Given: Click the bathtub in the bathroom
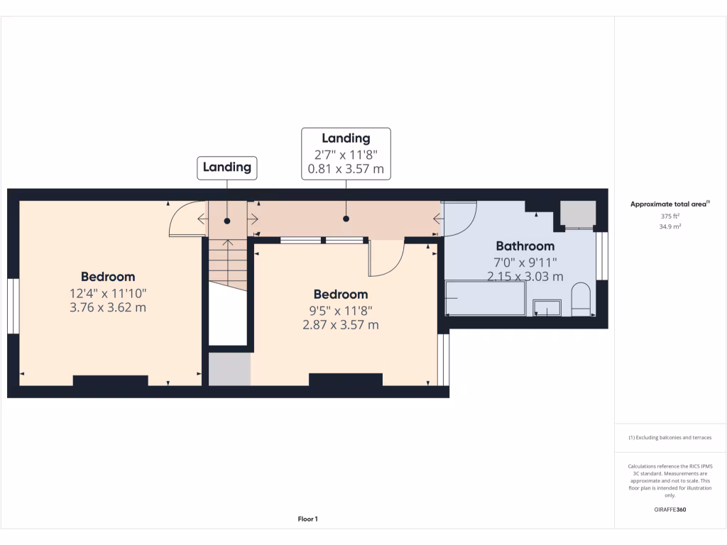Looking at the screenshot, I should (x=485, y=298).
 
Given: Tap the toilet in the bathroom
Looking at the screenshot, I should (x=581, y=299).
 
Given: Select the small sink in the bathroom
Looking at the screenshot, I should (x=547, y=307).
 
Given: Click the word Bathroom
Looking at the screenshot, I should (x=525, y=246).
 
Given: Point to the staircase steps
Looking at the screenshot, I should (x=227, y=263).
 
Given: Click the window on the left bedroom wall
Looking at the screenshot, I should (x=13, y=305).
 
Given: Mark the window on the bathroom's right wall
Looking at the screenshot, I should (x=603, y=255).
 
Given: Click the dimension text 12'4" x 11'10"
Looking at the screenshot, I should (x=108, y=292).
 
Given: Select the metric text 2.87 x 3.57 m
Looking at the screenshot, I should (x=341, y=325).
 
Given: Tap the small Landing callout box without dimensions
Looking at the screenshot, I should (x=227, y=167).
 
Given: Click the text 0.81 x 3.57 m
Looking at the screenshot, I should (x=346, y=169).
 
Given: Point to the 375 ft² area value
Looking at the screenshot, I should (x=670, y=216).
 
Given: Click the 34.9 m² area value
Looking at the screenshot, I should (x=670, y=226).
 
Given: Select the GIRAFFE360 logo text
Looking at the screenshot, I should (x=670, y=510).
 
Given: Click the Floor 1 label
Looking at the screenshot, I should (x=307, y=519).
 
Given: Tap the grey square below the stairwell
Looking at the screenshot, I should (x=229, y=369).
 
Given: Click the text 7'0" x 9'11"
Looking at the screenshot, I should (x=525, y=262).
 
